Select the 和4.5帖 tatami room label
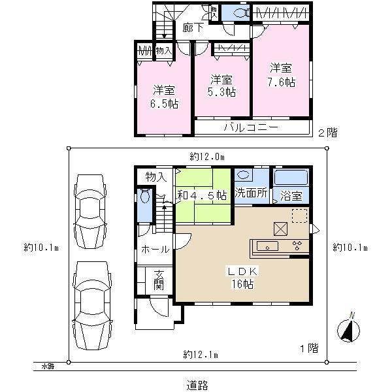(x=202, y=195)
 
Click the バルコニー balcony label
(x=252, y=127)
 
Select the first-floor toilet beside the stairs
(x=145, y=196)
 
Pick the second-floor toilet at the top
(x=237, y=12)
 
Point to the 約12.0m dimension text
(x=207, y=157)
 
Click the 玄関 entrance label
(x=158, y=279)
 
